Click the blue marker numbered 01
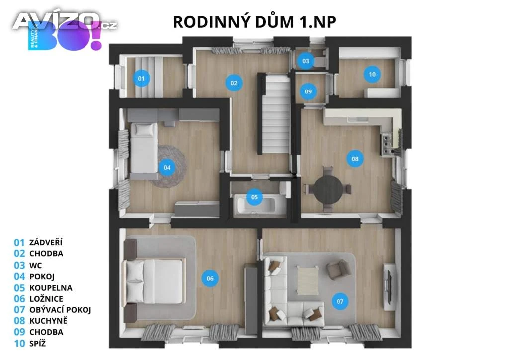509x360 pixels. pyautogui.click(x=141, y=78)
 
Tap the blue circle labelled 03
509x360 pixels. pyautogui.click(x=306, y=61)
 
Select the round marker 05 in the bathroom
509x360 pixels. pyautogui.click(x=254, y=197)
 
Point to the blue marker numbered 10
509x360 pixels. pyautogui.click(x=372, y=74)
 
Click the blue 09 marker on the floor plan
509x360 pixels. pyautogui.click(x=308, y=91)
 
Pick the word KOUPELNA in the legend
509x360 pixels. pyautogui.click(x=51, y=288)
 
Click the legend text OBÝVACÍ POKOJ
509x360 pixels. pyautogui.click(x=60, y=310)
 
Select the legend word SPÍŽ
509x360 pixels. pyautogui.click(x=38, y=343)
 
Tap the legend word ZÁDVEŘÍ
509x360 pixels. pyautogui.click(x=46, y=242)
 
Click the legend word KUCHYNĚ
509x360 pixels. pyautogui.click(x=48, y=321)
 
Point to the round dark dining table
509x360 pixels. pyautogui.click(x=328, y=188)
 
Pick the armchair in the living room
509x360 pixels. pyautogui.click(x=338, y=269)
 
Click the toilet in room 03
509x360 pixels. pyautogui.click(x=320, y=61)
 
